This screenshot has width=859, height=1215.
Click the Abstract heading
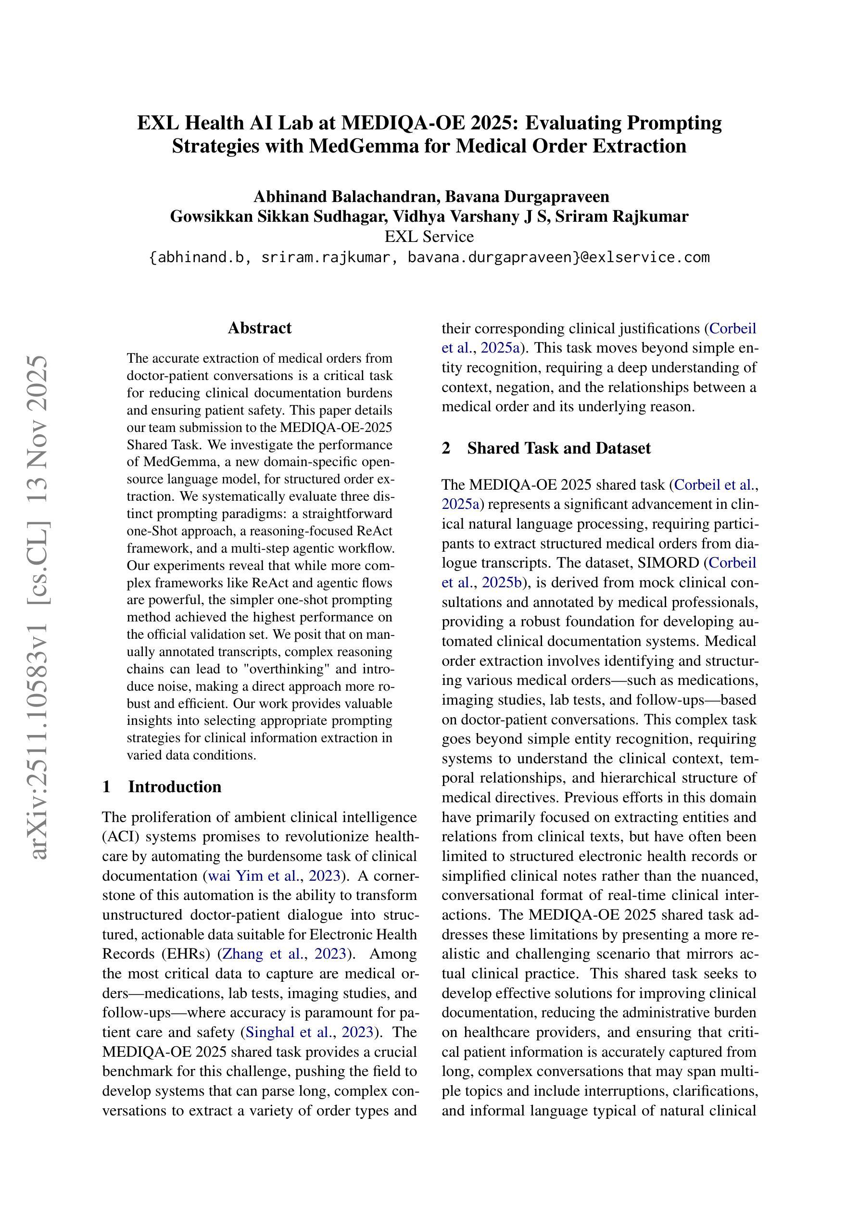click(259, 328)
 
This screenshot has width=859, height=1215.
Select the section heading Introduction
click(174, 786)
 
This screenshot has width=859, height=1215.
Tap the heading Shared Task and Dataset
click(558, 448)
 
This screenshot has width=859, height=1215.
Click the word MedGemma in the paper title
click(360, 146)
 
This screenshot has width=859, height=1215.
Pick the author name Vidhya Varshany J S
click(501, 216)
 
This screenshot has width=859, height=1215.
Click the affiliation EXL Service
click(429, 236)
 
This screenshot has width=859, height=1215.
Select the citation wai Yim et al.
click(253, 876)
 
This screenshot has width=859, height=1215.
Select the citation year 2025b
click(502, 582)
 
